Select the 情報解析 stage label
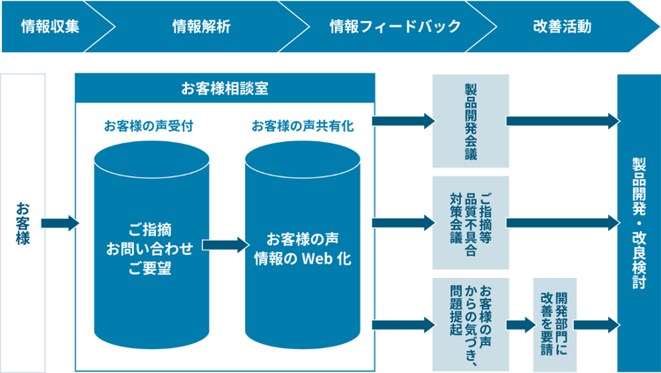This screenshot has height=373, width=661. (x=202, y=26)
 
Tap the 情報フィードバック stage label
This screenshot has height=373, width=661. (x=382, y=26)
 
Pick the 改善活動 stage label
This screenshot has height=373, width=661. (x=561, y=26)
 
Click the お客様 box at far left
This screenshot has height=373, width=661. (x=22, y=222)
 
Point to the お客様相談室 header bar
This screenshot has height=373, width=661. (x=226, y=88)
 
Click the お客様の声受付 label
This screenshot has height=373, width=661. (x=148, y=125)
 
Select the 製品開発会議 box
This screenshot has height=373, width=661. (x=471, y=121)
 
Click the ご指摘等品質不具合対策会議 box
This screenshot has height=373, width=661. (x=471, y=222)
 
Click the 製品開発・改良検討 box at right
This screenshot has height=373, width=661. (x=639, y=222)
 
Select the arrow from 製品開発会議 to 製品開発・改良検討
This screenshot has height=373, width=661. (x=562, y=121)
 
